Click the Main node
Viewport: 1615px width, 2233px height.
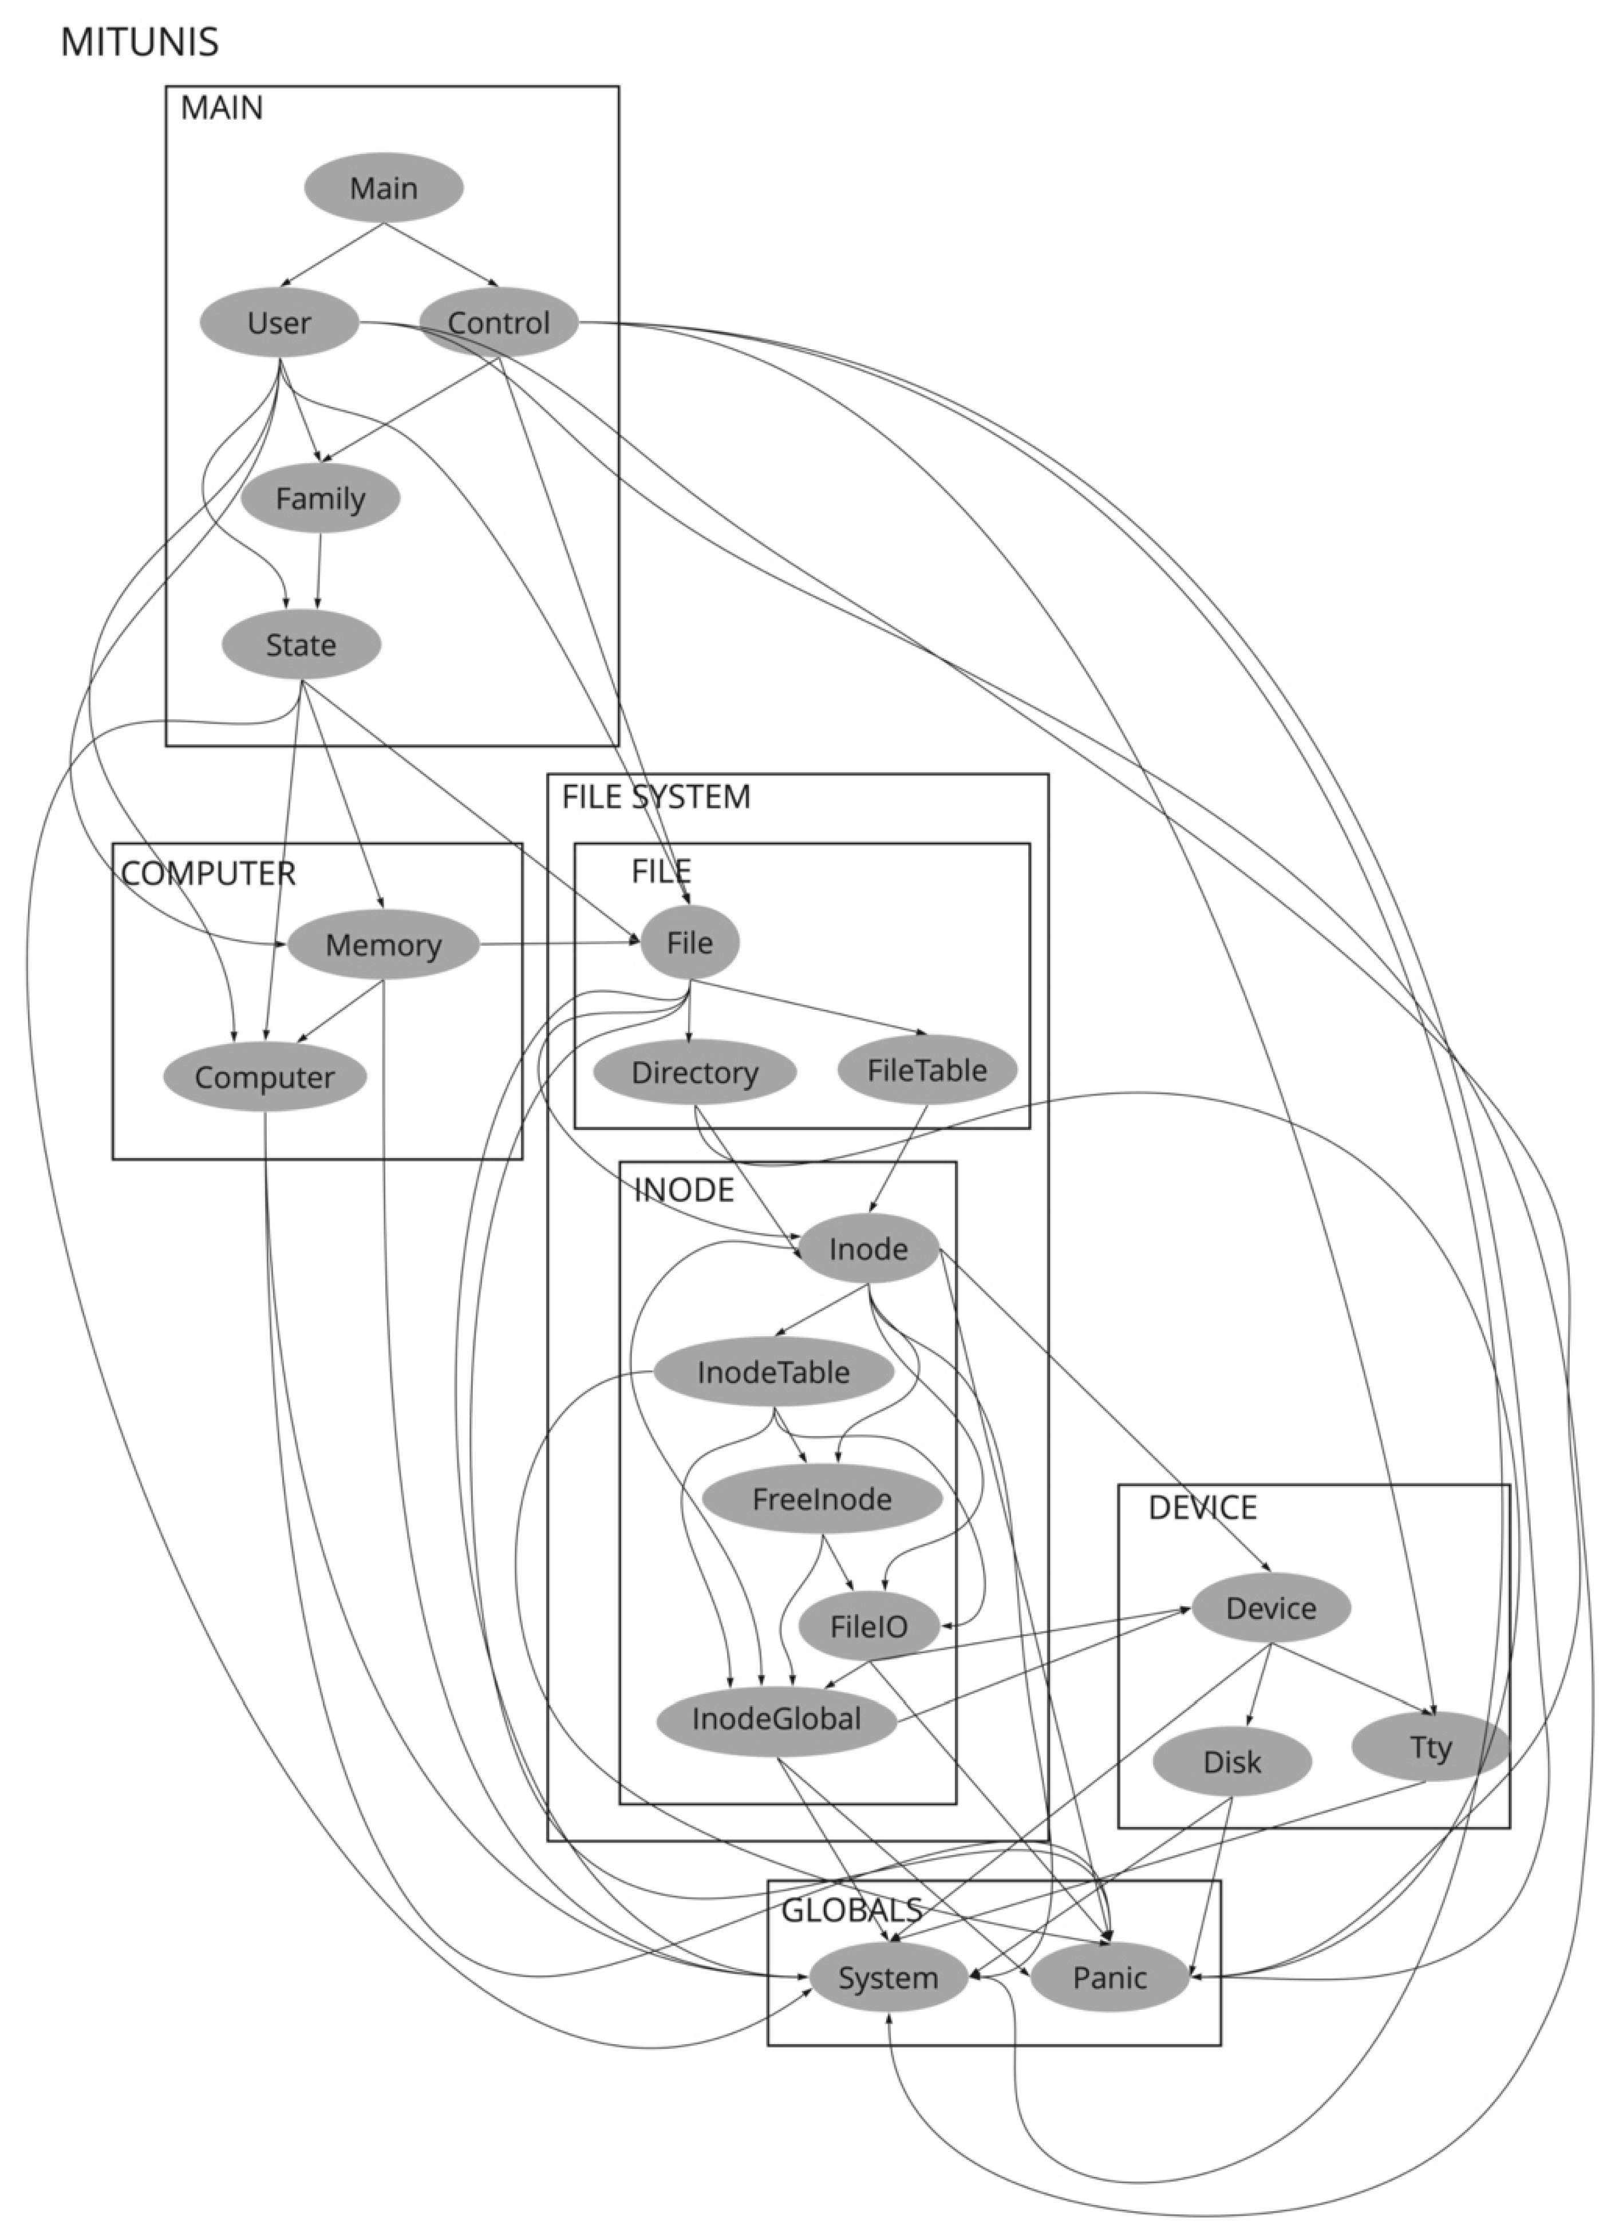point(383,187)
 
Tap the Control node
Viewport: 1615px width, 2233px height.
point(498,322)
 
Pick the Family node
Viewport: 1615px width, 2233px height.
point(320,498)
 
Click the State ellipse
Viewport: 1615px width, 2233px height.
point(301,645)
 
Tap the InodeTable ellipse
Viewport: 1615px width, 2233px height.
point(773,1372)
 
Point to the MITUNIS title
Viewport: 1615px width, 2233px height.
point(139,42)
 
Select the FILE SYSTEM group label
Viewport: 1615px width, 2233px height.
point(656,796)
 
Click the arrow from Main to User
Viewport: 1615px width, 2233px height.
point(333,254)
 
